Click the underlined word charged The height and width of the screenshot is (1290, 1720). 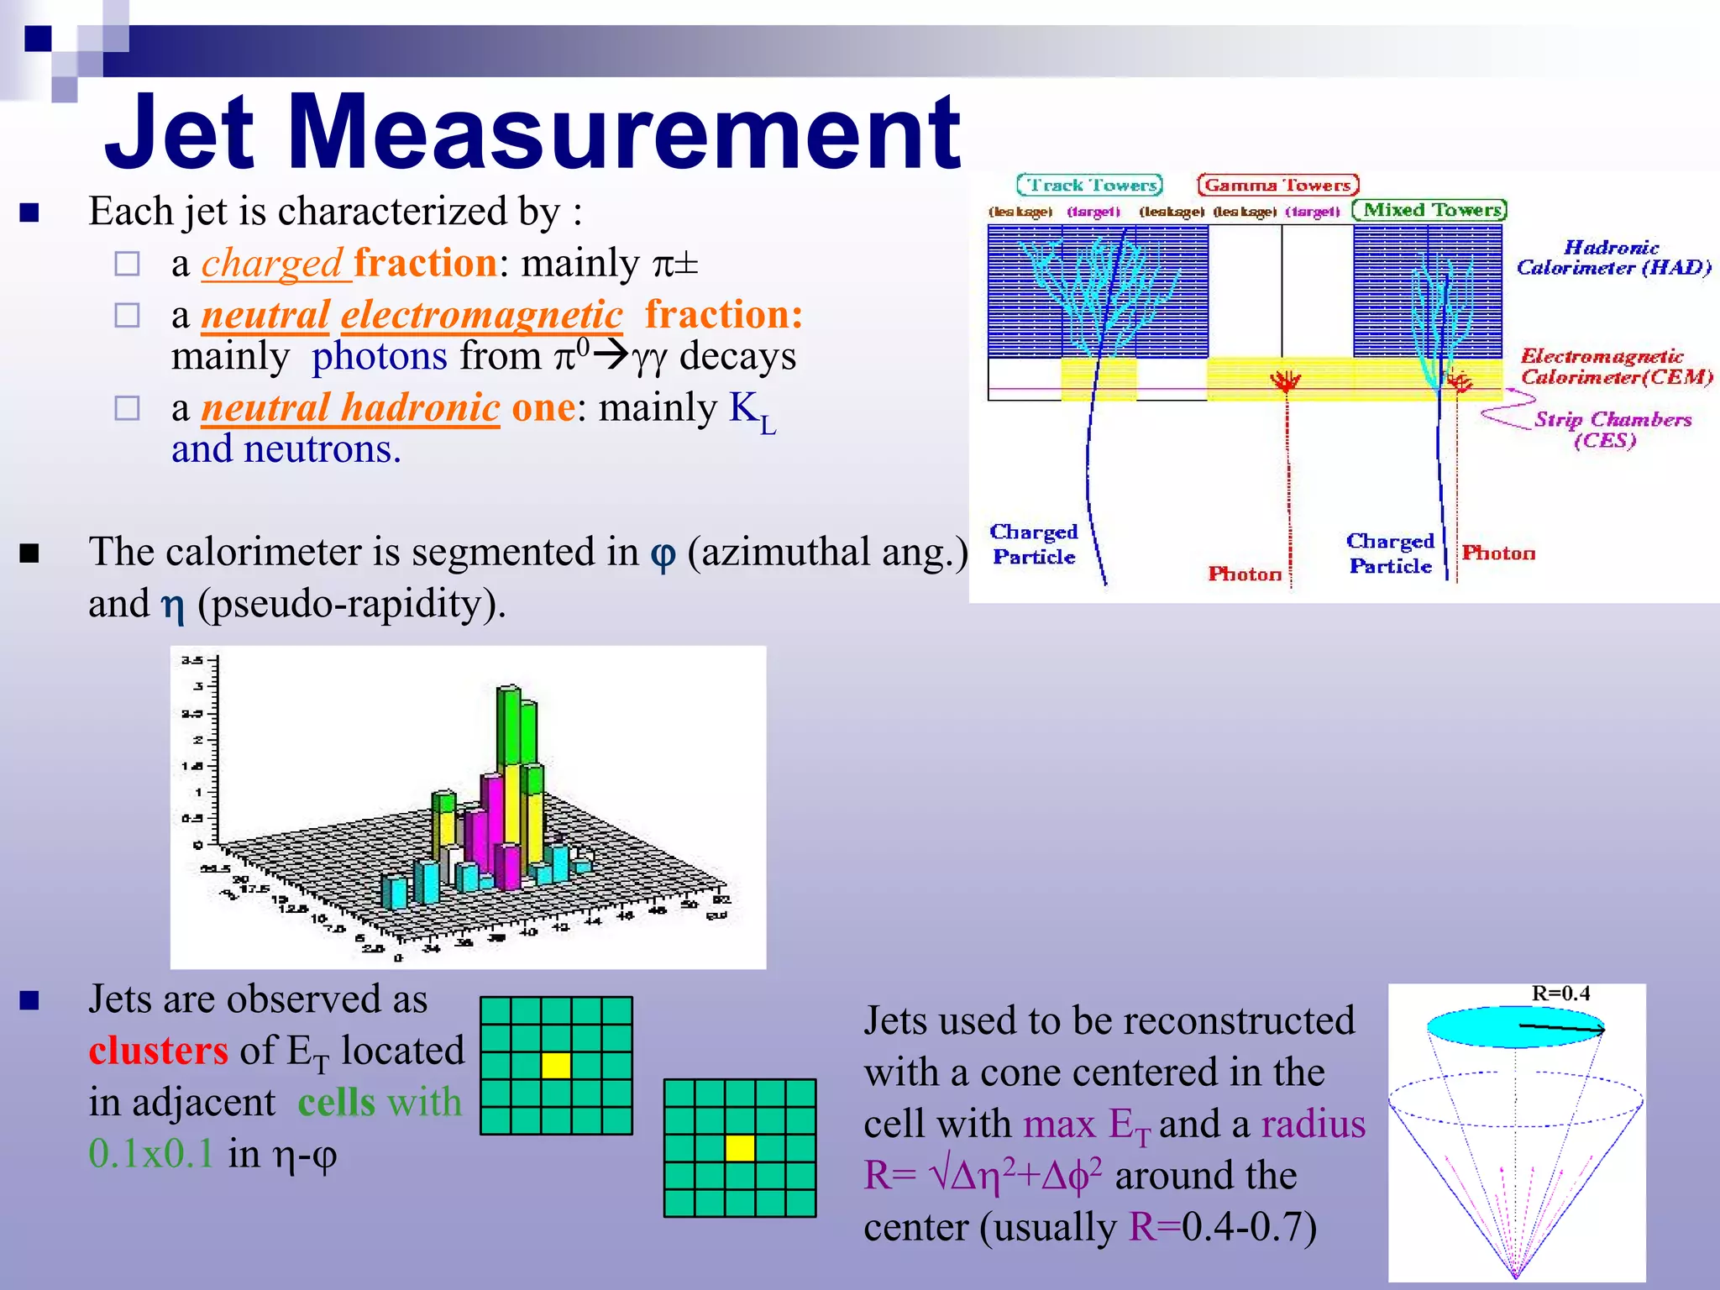point(272,264)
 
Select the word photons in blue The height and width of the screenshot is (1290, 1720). point(380,356)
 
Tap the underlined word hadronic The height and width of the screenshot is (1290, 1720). point(421,408)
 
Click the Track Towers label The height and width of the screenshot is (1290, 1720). point(1089,185)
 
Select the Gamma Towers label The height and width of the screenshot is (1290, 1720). point(1277,185)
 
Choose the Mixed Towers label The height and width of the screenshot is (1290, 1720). point(1429,210)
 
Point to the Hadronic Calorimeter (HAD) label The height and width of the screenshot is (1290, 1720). point(1612,258)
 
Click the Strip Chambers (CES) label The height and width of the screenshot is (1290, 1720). point(1611,429)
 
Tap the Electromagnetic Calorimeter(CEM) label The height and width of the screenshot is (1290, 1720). point(1615,366)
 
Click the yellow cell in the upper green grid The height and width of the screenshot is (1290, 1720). point(556,1065)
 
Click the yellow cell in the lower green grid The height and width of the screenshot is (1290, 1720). point(739,1147)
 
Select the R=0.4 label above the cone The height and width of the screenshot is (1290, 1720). point(1560,994)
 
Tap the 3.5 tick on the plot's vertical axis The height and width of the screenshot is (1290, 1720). point(191,660)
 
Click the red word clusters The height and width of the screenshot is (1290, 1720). point(159,1051)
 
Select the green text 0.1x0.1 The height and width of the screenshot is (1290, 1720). point(152,1154)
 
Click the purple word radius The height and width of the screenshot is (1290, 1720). point(1314,1125)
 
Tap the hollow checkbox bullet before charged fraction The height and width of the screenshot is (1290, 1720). point(127,264)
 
